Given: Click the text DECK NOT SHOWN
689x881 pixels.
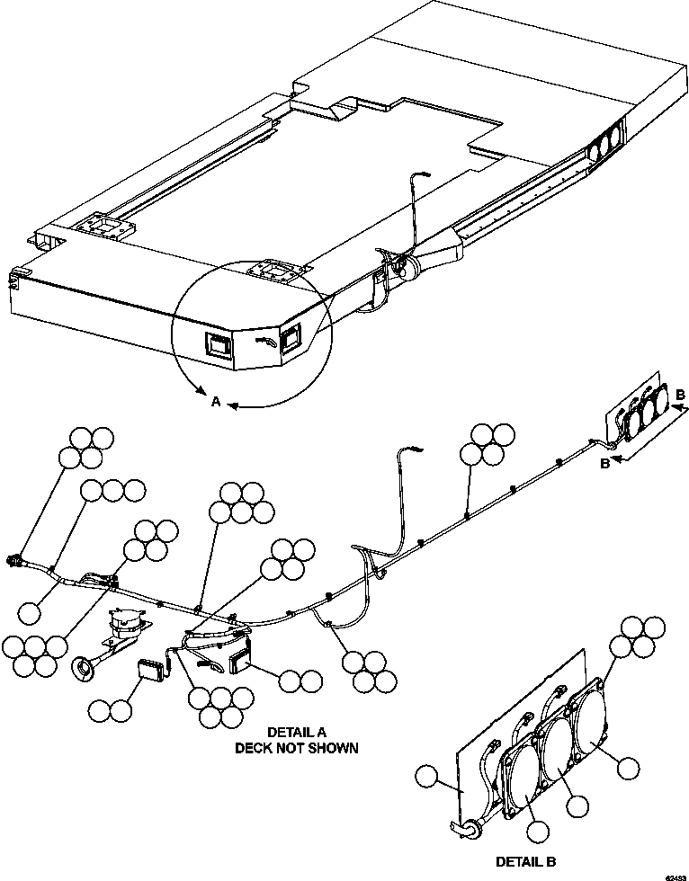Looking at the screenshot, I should tap(296, 748).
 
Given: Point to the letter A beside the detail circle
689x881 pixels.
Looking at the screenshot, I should tap(215, 404).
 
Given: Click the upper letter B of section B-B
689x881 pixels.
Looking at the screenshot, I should tap(681, 394).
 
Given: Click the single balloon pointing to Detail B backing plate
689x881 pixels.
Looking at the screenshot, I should tap(429, 776).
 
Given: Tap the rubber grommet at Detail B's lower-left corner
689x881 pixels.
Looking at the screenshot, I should tap(470, 828).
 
